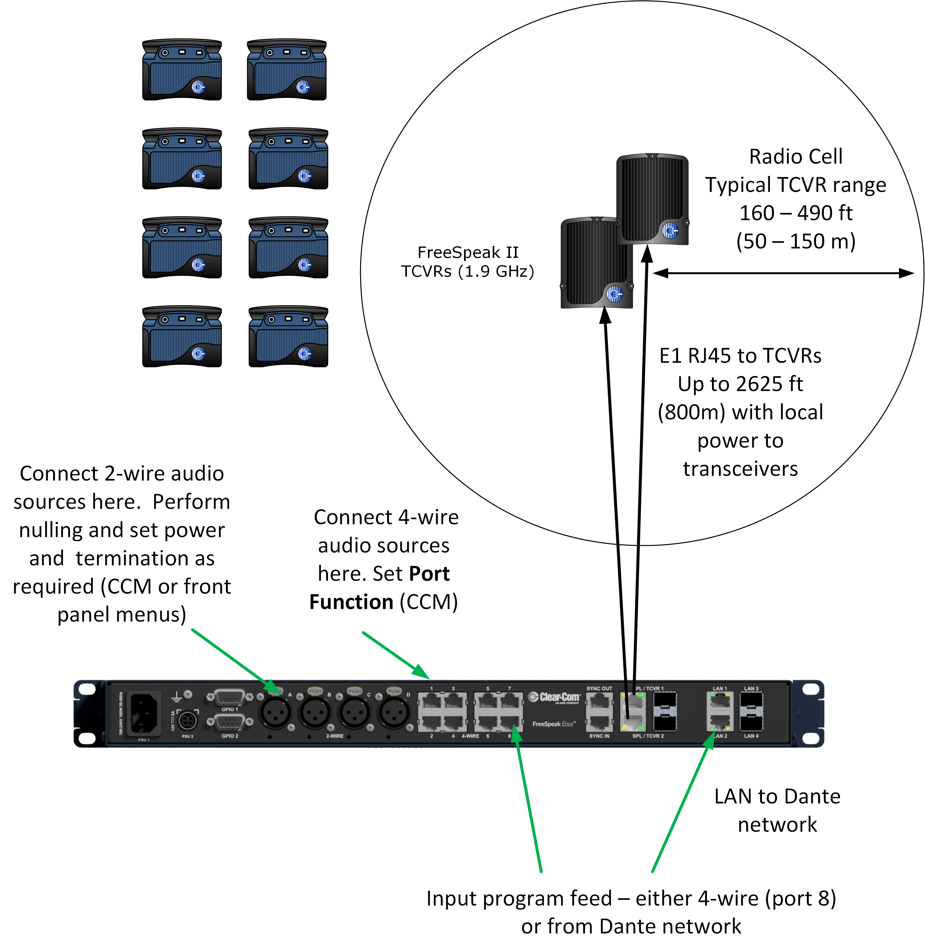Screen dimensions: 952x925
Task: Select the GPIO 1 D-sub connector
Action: point(229,698)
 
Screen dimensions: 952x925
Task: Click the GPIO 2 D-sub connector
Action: point(229,723)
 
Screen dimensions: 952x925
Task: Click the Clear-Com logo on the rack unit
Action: point(554,698)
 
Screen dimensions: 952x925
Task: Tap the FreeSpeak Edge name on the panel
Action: point(554,724)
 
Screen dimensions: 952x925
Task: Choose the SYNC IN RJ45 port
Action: point(599,723)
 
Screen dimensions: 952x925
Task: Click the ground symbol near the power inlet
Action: point(176,698)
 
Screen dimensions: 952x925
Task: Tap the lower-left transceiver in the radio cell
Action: point(597,262)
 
